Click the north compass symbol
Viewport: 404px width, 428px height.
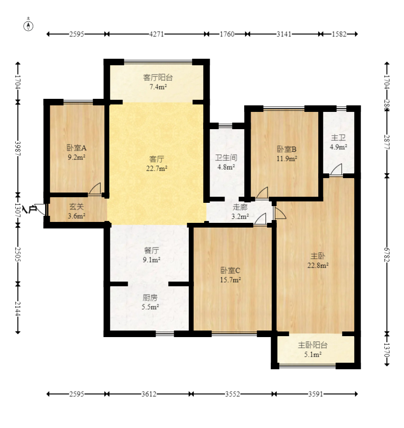coord(28,25)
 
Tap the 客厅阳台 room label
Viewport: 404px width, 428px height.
coord(158,77)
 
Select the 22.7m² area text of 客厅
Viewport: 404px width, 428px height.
coord(157,168)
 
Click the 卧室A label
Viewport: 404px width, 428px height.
coord(77,148)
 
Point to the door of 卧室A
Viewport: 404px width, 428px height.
coord(95,189)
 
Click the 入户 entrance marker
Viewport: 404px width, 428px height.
coord(30,209)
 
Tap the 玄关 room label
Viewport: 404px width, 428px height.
coord(76,207)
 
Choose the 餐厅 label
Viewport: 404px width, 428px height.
coord(151,250)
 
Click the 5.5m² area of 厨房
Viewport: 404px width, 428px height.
coord(151,307)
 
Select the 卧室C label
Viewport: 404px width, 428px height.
coord(231,270)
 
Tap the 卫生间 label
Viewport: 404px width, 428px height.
coord(226,158)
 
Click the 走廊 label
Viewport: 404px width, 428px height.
coord(240,207)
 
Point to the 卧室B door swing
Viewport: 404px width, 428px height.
coord(262,193)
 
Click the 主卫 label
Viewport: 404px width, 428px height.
coord(339,138)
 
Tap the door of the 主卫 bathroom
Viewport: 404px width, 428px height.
coord(336,170)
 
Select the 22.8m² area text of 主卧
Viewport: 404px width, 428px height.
coord(318,265)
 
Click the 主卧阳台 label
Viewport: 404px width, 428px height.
coord(313,345)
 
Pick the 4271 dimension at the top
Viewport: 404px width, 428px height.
coord(157,34)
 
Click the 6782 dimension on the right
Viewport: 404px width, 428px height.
coord(387,255)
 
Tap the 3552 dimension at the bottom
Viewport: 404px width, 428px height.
coord(233,394)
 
